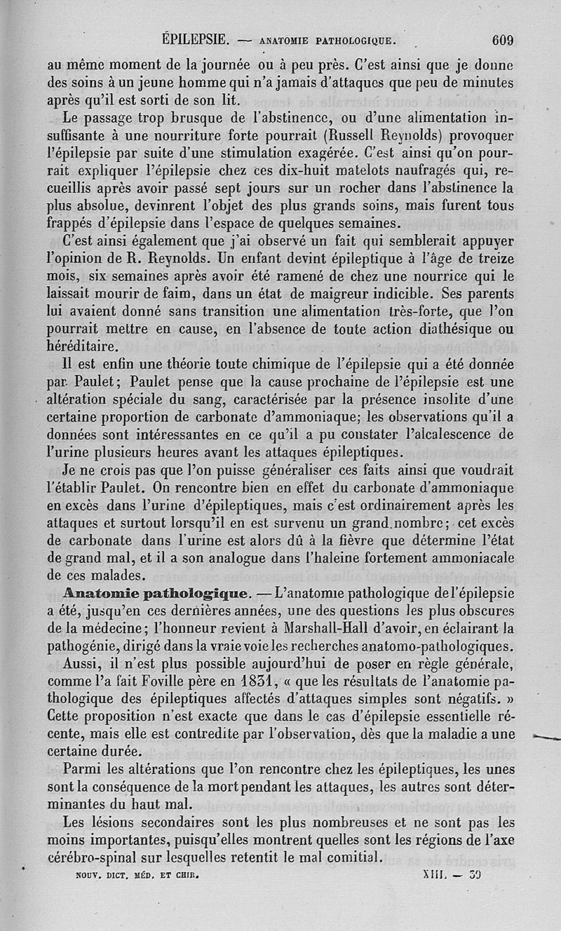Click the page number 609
[502, 40]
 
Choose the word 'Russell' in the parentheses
[365, 135]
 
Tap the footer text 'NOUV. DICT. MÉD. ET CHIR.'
[137, 875]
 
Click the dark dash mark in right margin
[548, 736]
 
